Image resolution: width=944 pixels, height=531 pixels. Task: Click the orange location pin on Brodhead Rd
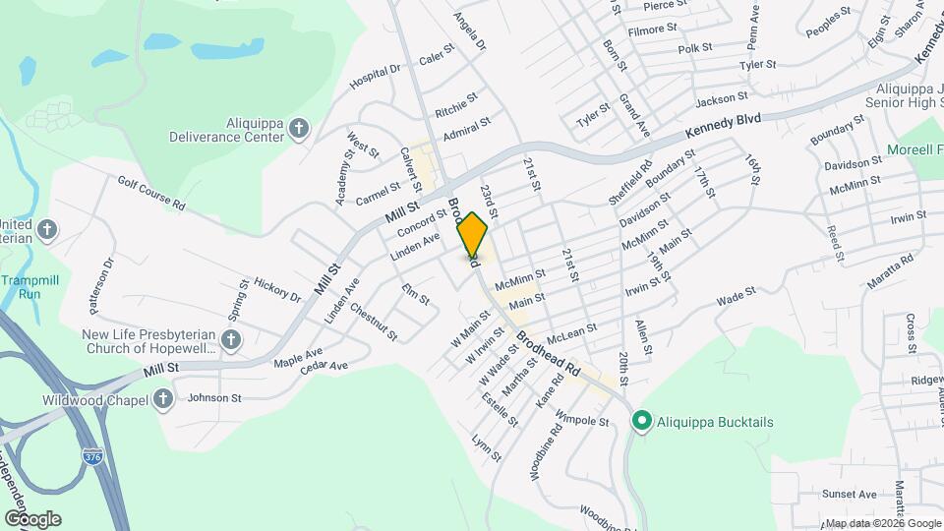coord(473,237)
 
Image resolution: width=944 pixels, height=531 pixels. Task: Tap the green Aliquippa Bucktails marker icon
coord(642,422)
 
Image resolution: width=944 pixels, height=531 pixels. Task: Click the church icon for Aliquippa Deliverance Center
coord(299,129)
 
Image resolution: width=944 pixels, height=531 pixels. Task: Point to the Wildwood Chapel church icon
coord(163,399)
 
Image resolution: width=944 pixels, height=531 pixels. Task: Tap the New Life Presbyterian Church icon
coord(231,340)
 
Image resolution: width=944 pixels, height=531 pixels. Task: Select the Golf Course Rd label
coord(150,193)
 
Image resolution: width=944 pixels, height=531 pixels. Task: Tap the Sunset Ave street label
coord(849,494)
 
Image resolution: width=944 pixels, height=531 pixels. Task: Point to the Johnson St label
coord(214,398)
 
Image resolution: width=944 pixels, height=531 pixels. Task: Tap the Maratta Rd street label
coord(890,269)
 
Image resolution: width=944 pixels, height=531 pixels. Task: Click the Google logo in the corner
coord(32,518)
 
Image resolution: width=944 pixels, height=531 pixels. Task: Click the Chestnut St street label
coord(373,322)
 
